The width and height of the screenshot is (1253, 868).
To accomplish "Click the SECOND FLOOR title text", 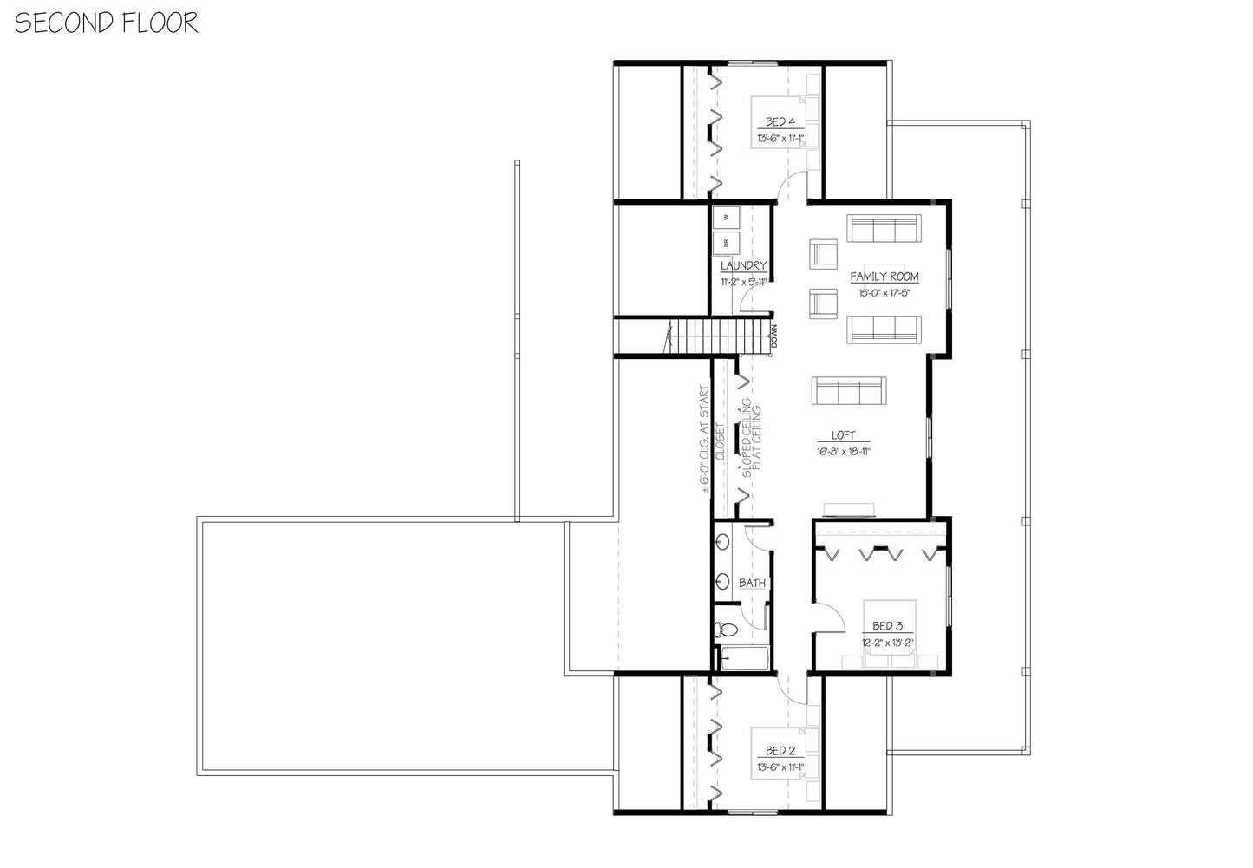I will (x=106, y=23).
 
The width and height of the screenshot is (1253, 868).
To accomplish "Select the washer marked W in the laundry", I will (x=725, y=215).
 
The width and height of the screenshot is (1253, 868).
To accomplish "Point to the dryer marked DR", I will (x=725, y=244).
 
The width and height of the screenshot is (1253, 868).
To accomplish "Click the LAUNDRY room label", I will (x=743, y=266).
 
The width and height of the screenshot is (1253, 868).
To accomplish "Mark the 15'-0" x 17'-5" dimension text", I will (x=884, y=293).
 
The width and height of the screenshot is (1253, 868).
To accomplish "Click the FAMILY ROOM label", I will (x=884, y=277).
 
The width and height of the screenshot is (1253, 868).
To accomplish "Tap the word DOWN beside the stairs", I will (x=773, y=336).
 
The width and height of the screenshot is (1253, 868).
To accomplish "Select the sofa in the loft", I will (x=847, y=390).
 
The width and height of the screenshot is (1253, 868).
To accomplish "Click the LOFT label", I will (x=843, y=435).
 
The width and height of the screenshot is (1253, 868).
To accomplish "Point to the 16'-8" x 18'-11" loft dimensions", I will (x=843, y=451).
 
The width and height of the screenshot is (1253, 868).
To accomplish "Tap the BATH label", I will (x=752, y=584).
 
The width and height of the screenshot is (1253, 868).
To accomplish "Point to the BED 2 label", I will (x=780, y=751).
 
